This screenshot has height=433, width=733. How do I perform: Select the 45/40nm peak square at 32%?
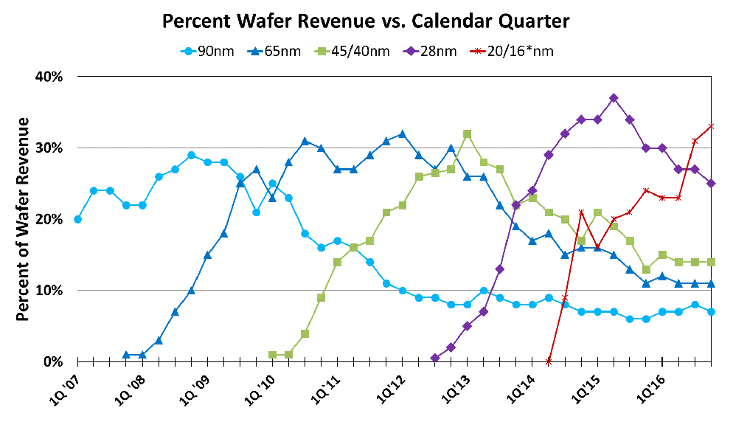(467, 134)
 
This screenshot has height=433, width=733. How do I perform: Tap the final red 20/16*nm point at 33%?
(711, 126)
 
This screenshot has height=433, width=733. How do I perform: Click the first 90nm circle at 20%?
(77, 219)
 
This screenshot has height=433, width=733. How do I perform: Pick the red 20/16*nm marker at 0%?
(549, 361)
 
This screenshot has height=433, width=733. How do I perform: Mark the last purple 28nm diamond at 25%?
(711, 183)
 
